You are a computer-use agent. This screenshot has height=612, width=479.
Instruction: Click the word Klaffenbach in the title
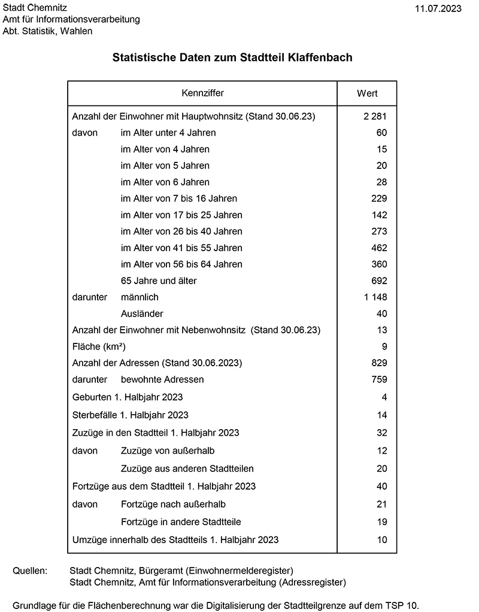pos(320,58)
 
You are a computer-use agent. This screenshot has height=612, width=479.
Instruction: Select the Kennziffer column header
pos(202,94)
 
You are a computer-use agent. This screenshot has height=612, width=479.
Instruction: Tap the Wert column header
pos(367,94)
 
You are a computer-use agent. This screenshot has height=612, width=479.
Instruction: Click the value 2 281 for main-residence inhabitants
pos(375,116)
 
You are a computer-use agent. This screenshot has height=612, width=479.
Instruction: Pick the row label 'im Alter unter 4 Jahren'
pos(168,132)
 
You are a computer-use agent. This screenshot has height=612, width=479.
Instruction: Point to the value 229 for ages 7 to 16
pos(378,198)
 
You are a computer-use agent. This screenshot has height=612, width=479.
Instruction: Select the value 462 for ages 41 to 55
pos(378,248)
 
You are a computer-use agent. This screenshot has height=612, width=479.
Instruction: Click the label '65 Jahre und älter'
pos(159,281)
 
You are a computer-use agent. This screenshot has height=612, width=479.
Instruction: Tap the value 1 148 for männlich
pos(375,297)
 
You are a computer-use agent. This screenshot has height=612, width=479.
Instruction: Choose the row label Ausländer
pos(142,313)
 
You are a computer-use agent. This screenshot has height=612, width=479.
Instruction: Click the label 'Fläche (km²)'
pos(99,346)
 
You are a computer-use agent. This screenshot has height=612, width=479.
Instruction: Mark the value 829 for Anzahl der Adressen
pos(378,363)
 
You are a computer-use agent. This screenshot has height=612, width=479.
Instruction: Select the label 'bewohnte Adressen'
pos(162,379)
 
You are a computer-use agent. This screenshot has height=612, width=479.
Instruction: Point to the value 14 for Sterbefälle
pos(382,415)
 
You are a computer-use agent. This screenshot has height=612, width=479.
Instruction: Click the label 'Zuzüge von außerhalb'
pos(168,450)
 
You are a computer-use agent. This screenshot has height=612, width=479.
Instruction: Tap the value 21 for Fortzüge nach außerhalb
pos(382,504)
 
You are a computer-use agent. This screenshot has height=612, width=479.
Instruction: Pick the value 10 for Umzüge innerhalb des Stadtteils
pos(382,539)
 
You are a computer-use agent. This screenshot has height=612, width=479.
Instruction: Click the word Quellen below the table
pos(30,570)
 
